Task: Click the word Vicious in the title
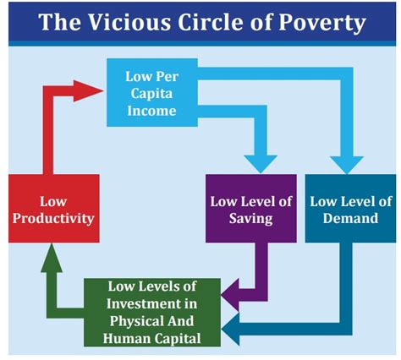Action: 129,22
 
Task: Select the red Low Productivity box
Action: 54,208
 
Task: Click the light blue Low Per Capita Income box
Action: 152,92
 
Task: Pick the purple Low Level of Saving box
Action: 251,208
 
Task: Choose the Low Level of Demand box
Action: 350,208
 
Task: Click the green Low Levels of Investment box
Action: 152,312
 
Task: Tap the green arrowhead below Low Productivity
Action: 52,258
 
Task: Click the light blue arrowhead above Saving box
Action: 261,164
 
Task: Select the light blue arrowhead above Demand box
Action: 347,165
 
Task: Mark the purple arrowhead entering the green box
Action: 230,295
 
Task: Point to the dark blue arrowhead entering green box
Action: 230,330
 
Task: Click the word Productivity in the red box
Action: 53,219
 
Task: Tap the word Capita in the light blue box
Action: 151,94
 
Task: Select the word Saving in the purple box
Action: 251,219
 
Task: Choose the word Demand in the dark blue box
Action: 350,218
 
